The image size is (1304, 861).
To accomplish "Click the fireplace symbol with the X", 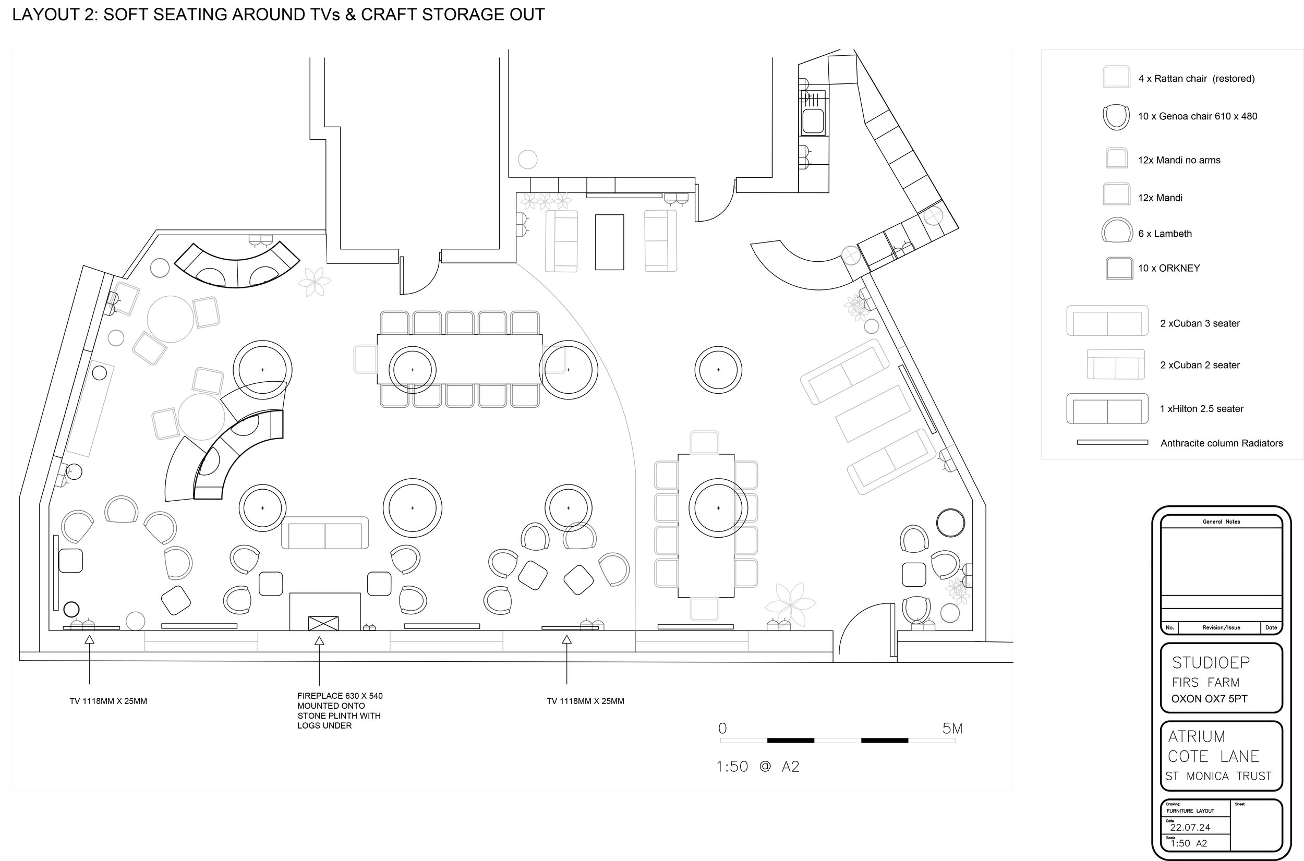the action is point(323,623).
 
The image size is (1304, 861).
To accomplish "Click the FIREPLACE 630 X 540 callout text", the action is point(340,696).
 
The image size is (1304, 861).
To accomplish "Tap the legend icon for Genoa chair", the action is point(1116,117).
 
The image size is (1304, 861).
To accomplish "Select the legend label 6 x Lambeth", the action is point(1165,233).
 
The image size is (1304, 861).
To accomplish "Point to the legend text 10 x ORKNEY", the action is point(1169,268).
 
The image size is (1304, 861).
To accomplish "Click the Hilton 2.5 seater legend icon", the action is point(1107,408).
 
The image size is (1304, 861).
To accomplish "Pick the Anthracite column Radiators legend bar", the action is point(1113,442).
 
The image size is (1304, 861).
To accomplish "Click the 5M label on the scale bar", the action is point(952,728).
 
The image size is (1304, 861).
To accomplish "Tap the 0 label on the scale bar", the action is point(722,728).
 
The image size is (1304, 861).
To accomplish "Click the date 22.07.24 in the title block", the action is point(1190,828).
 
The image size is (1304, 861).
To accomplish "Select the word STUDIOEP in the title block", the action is point(1211,663).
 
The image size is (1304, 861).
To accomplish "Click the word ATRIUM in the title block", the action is point(1197,736).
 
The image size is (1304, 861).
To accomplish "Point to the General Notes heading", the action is point(1222,522).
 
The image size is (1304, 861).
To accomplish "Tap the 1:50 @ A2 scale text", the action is point(758,767).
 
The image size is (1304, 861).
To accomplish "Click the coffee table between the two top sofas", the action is point(609,242).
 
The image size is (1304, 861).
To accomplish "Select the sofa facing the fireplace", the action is point(325,532).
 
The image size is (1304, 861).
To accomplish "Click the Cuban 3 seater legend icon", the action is point(1107,321).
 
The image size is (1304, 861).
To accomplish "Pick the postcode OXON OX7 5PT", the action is point(1210,699).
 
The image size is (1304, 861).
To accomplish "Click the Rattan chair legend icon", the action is point(1117,77).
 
